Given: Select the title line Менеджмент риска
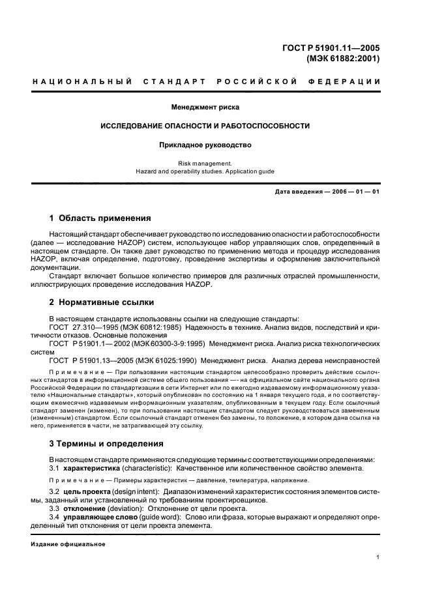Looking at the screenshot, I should tap(205, 106).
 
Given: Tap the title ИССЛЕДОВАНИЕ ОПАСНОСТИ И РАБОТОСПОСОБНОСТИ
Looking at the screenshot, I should tap(205, 126).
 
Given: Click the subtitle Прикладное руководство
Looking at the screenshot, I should tap(205, 145).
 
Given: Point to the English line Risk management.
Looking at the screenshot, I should tap(205, 164).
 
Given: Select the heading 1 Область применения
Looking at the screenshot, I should tap(100, 218).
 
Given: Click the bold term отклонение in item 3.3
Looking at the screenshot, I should tap(86, 508).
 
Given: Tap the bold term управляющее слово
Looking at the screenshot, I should tap(98, 517).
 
